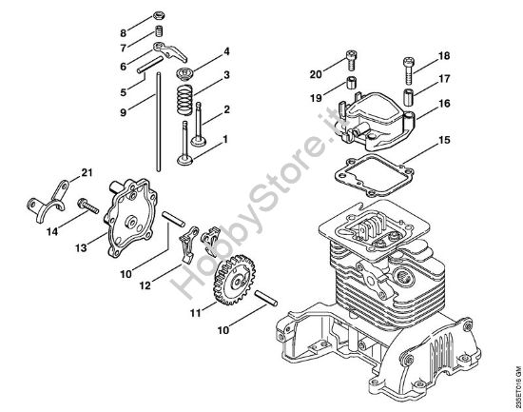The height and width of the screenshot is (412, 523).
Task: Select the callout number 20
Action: click(x=316, y=72)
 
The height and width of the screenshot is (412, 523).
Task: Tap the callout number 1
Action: click(x=226, y=140)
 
